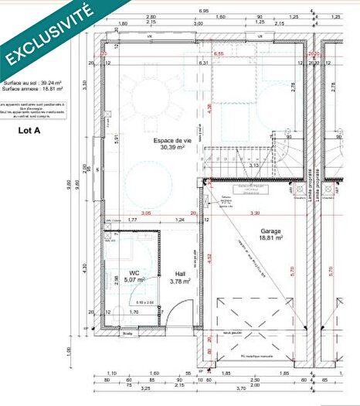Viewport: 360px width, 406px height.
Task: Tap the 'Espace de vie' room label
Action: (172, 140)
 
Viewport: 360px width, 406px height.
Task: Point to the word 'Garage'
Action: (270, 230)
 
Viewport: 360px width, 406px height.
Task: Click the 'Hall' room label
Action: (180, 273)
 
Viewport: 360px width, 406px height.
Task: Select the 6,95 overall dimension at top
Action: (202, 12)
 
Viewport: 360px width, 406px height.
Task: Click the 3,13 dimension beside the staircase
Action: (253, 165)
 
